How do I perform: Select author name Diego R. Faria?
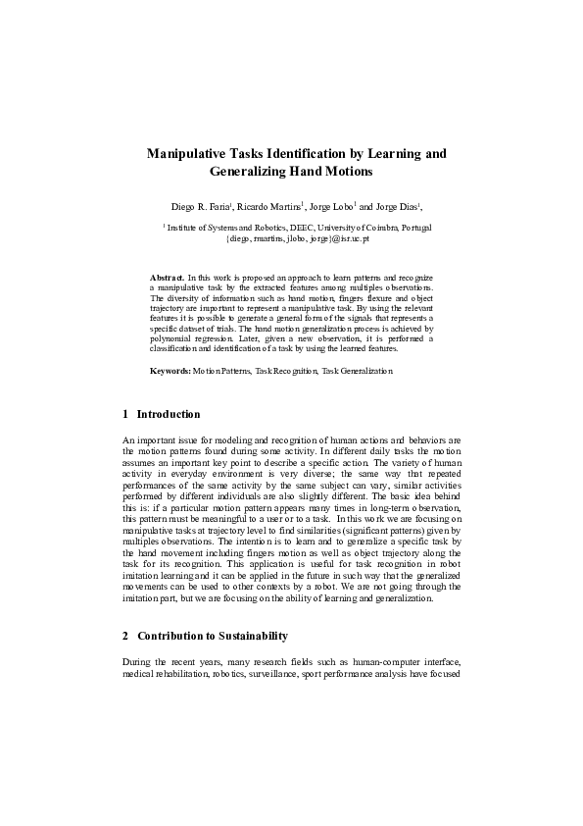tap(200, 208)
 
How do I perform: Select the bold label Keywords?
tap(170, 371)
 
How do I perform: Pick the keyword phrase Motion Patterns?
tap(220, 371)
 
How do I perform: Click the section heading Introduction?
tap(169, 414)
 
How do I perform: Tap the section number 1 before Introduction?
tap(126, 414)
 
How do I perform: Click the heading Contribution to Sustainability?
tap(212, 636)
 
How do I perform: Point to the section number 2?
tap(126, 636)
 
